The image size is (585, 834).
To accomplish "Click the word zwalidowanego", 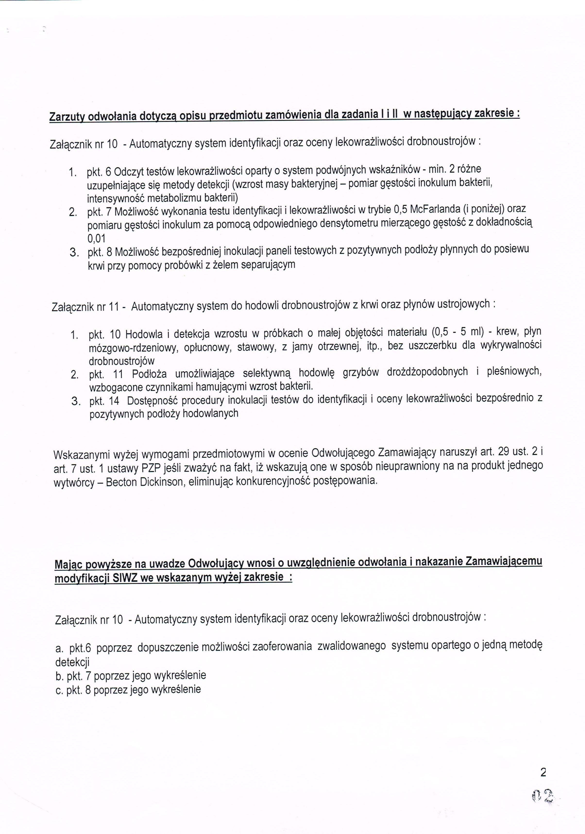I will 351,647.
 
